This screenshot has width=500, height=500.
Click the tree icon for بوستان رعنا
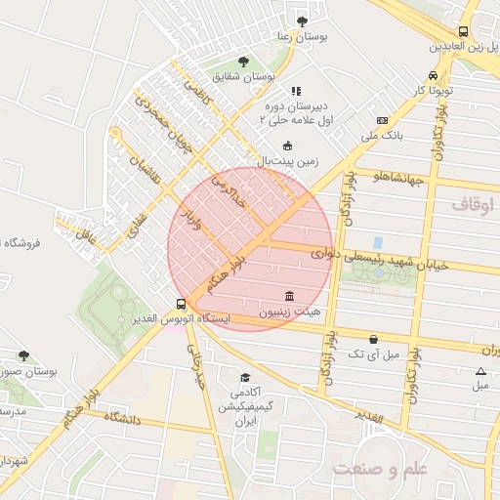(x=301, y=20)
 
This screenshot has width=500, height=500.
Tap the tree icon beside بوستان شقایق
(x=243, y=61)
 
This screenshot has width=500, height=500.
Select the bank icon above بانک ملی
(x=382, y=120)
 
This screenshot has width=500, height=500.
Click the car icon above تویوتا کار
(x=432, y=76)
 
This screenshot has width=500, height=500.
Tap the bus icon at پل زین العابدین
(x=436, y=29)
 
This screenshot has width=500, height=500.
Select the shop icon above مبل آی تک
(x=374, y=339)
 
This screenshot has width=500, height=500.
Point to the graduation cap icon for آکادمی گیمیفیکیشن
(x=245, y=377)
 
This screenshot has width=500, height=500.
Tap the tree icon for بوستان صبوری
(x=23, y=356)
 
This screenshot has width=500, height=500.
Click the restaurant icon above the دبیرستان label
(x=296, y=91)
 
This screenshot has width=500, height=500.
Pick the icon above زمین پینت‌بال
(x=287, y=146)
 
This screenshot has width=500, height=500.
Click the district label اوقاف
(x=475, y=205)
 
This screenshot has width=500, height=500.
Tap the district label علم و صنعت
(x=381, y=469)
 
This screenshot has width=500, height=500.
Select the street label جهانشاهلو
(x=396, y=177)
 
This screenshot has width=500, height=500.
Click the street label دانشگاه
(x=112, y=418)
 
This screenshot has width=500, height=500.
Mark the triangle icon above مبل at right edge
(x=479, y=371)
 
